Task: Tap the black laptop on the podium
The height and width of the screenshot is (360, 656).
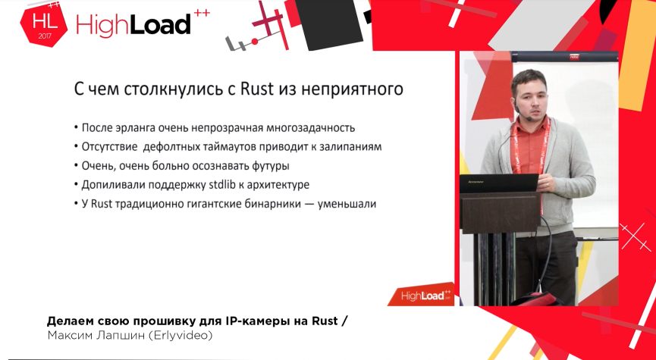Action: click(499, 183)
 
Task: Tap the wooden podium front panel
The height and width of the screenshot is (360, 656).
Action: click(500, 212)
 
